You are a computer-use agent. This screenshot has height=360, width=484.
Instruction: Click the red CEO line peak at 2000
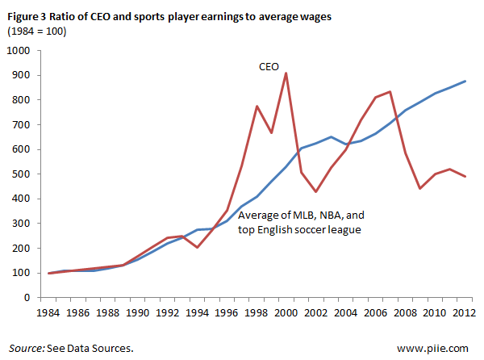pos(286,73)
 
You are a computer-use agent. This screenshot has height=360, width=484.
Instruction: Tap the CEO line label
pos(268,69)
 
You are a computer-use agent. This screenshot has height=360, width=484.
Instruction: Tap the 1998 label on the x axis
pos(256,310)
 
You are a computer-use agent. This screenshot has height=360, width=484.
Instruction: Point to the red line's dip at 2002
pos(316,191)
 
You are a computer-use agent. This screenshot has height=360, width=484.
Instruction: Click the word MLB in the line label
pos(299,216)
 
